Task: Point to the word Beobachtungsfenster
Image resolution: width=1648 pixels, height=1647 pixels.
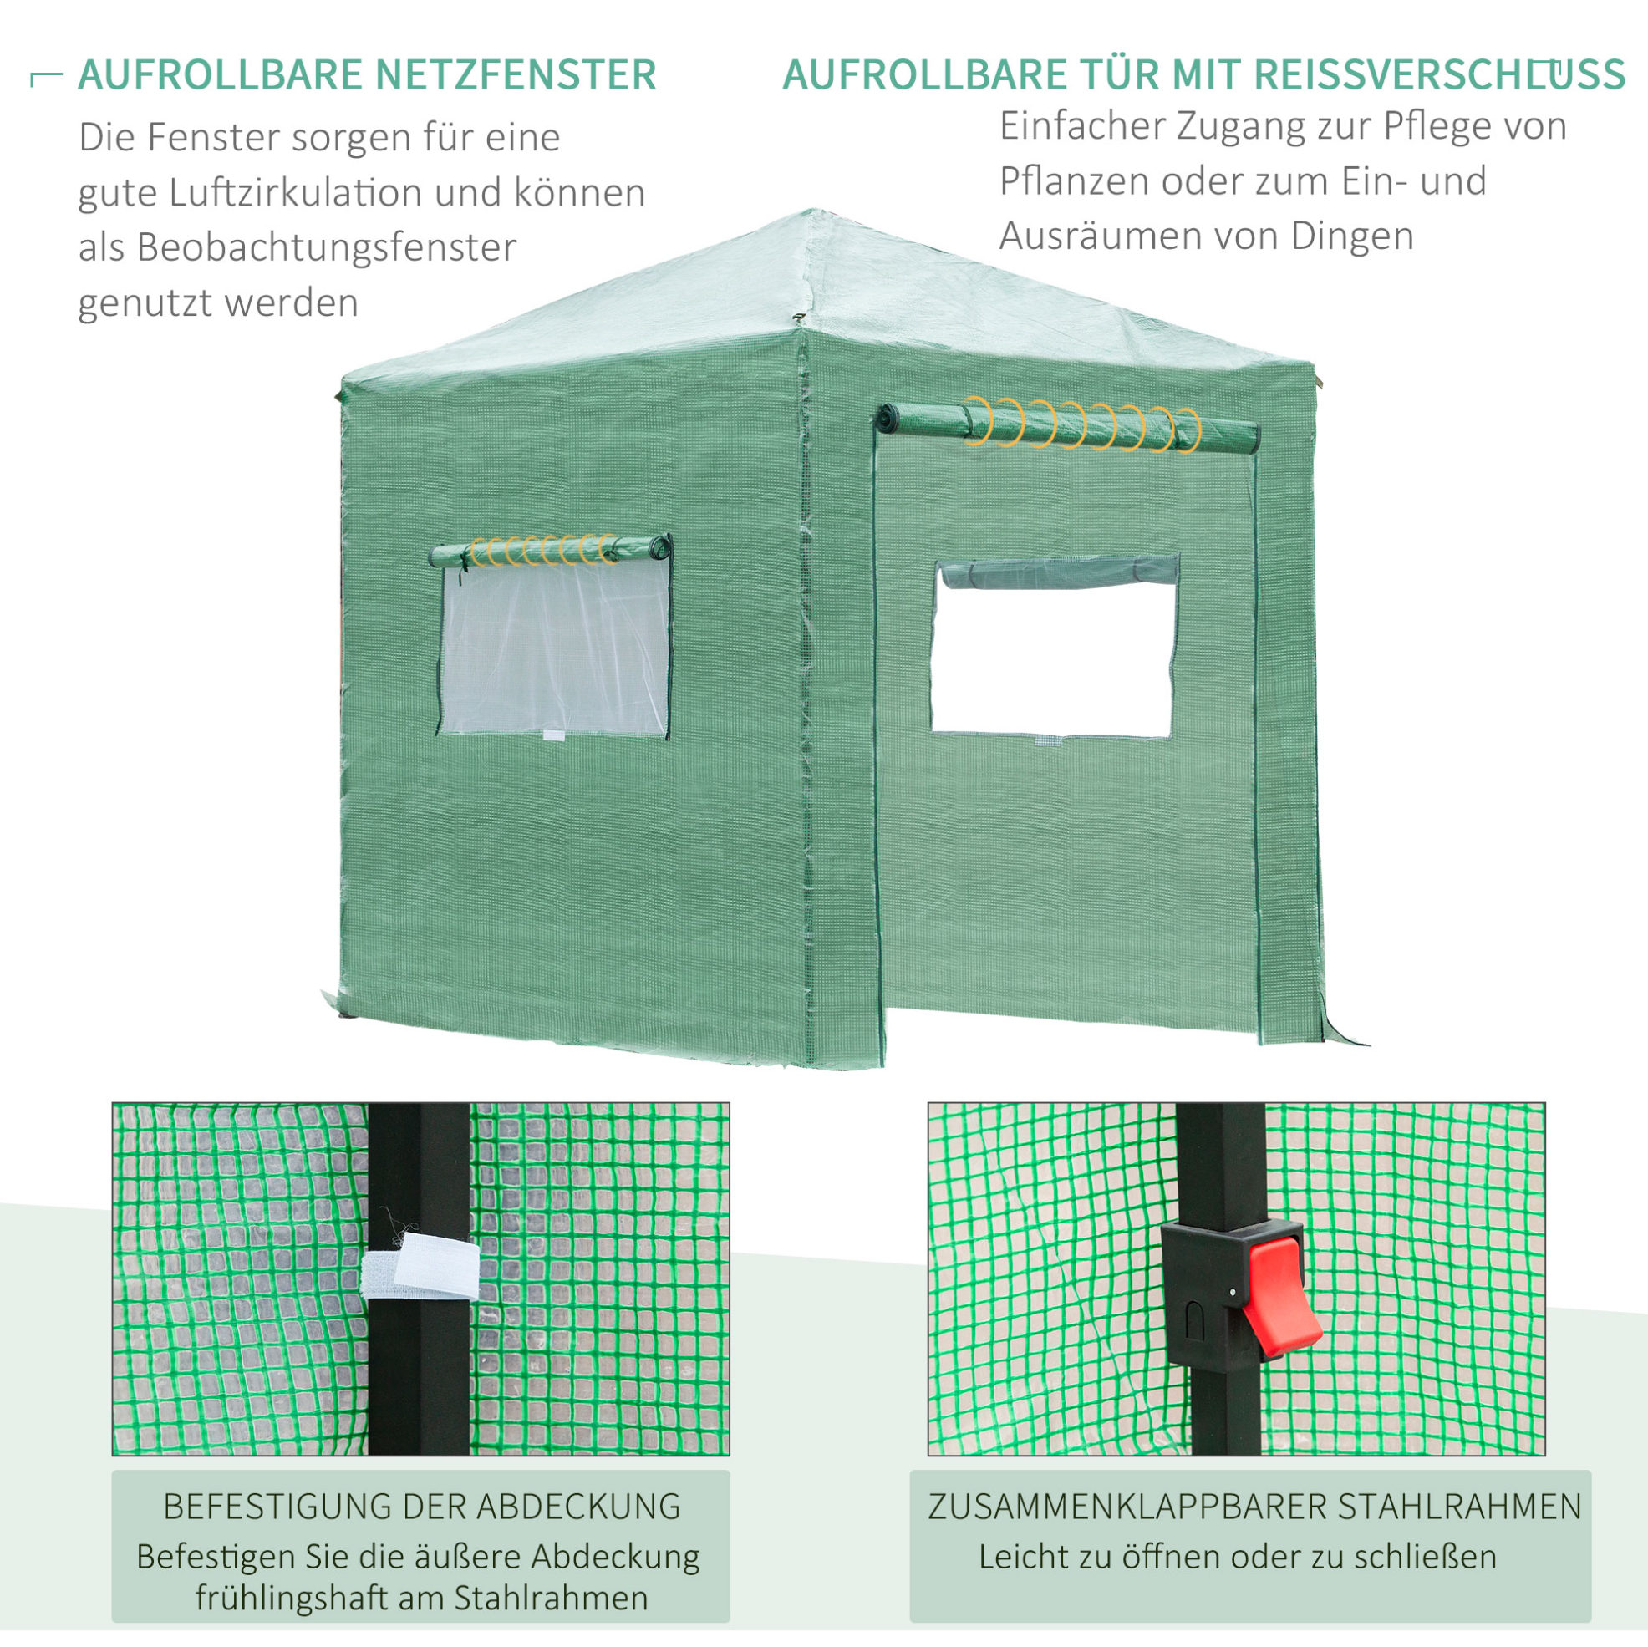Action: [x=327, y=248]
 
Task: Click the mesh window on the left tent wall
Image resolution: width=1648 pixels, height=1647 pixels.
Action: [x=554, y=648]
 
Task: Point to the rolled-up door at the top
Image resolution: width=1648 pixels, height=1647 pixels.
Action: [x=1070, y=426]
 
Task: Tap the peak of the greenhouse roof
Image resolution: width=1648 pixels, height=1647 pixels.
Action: [x=811, y=211]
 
